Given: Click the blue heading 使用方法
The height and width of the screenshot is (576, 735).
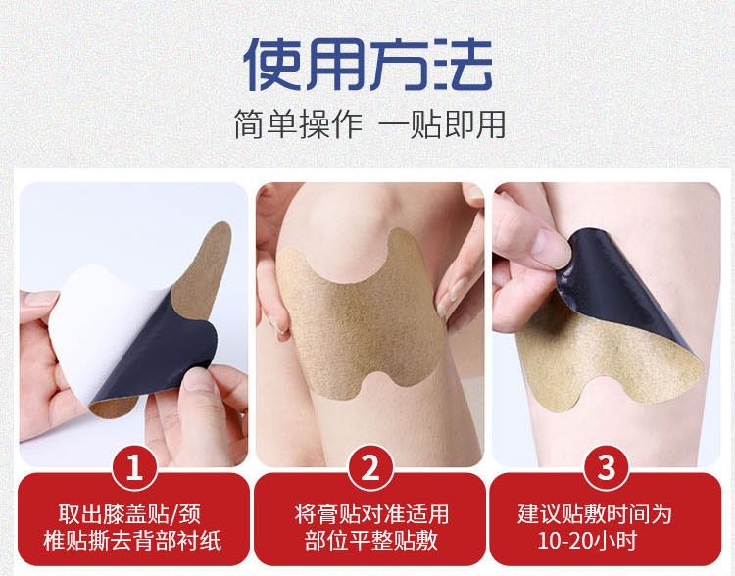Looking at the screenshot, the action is (x=367, y=65).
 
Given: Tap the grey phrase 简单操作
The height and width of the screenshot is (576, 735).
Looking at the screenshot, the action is (x=299, y=124).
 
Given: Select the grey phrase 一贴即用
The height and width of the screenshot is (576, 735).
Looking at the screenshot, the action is (x=442, y=124).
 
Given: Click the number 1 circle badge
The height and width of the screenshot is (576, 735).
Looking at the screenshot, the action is (x=134, y=467).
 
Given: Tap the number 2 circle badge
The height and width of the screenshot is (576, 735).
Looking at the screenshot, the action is (x=370, y=467).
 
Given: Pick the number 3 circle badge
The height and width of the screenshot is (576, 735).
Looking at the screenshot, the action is (x=606, y=467).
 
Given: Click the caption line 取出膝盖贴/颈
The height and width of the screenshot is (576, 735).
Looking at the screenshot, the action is (x=129, y=514).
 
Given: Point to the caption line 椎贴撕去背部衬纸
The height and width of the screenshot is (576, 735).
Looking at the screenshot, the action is (x=132, y=541).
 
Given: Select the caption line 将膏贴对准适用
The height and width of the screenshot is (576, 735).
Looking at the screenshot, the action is (x=371, y=514).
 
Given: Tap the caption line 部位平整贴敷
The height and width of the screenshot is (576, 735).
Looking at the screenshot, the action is (x=370, y=541).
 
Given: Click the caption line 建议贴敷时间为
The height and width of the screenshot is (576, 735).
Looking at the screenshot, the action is (x=595, y=514).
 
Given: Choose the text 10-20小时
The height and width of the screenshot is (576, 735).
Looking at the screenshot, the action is (x=587, y=541).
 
